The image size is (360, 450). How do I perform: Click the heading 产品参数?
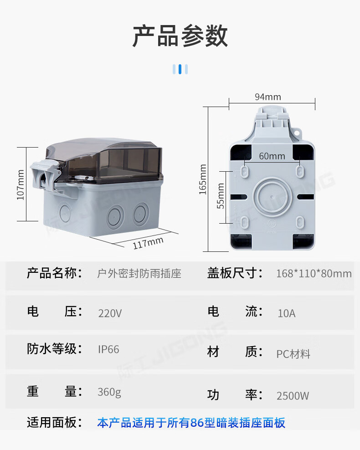(180, 36)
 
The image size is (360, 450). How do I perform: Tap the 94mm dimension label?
(268, 97)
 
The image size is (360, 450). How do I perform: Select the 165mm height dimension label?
(203, 179)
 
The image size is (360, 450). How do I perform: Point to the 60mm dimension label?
(272, 156)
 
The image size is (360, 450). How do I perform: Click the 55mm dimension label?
(220, 196)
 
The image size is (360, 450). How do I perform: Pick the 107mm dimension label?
(21, 184)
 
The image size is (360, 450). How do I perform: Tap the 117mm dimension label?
(148, 243)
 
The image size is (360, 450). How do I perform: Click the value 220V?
(110, 313)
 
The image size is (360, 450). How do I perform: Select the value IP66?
(108, 349)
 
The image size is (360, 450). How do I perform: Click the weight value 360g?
(109, 392)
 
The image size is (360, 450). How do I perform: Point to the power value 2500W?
(293, 396)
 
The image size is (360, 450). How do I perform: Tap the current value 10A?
(287, 313)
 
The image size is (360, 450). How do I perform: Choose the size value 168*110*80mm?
(314, 273)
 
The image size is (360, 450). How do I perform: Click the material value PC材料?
(293, 354)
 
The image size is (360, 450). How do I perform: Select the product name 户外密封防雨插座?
(139, 273)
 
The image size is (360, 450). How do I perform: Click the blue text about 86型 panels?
(191, 423)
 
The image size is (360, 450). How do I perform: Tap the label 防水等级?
(54, 349)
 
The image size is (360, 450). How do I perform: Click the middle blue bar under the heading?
(180, 69)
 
